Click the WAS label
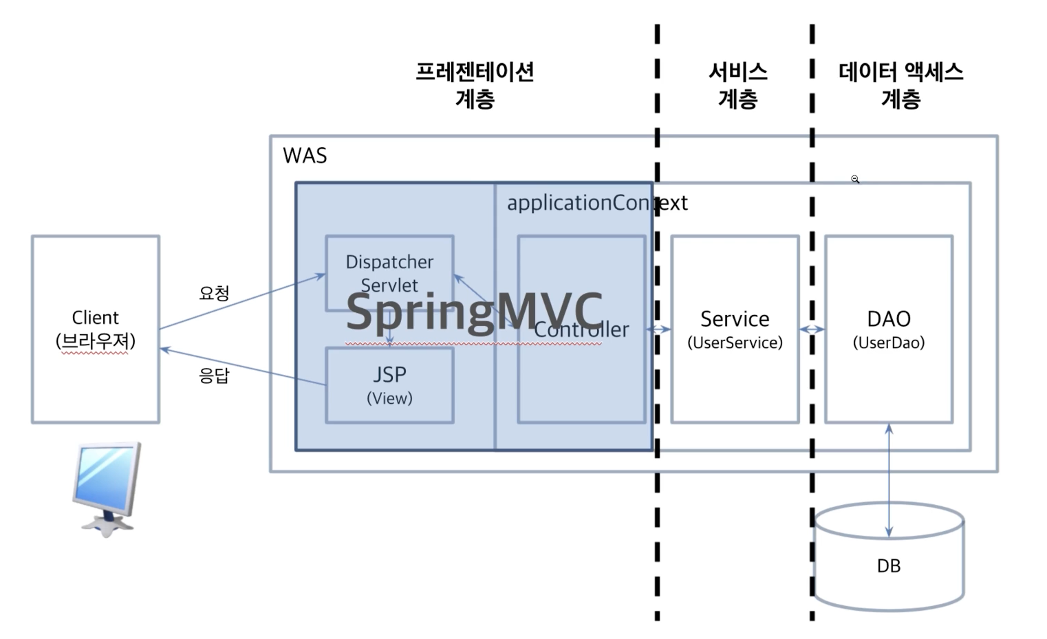[x=305, y=155]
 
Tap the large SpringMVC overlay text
[x=475, y=312]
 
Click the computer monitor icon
[x=107, y=489]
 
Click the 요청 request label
[x=214, y=293]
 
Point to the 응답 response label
[x=214, y=376]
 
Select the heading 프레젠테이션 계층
[x=475, y=85]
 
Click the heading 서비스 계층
[x=738, y=85]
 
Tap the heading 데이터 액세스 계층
[x=900, y=85]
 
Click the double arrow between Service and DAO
[x=812, y=329]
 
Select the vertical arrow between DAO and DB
[x=889, y=480]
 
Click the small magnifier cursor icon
[x=855, y=180]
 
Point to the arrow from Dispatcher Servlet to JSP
[x=389, y=329]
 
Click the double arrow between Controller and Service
[x=658, y=329]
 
